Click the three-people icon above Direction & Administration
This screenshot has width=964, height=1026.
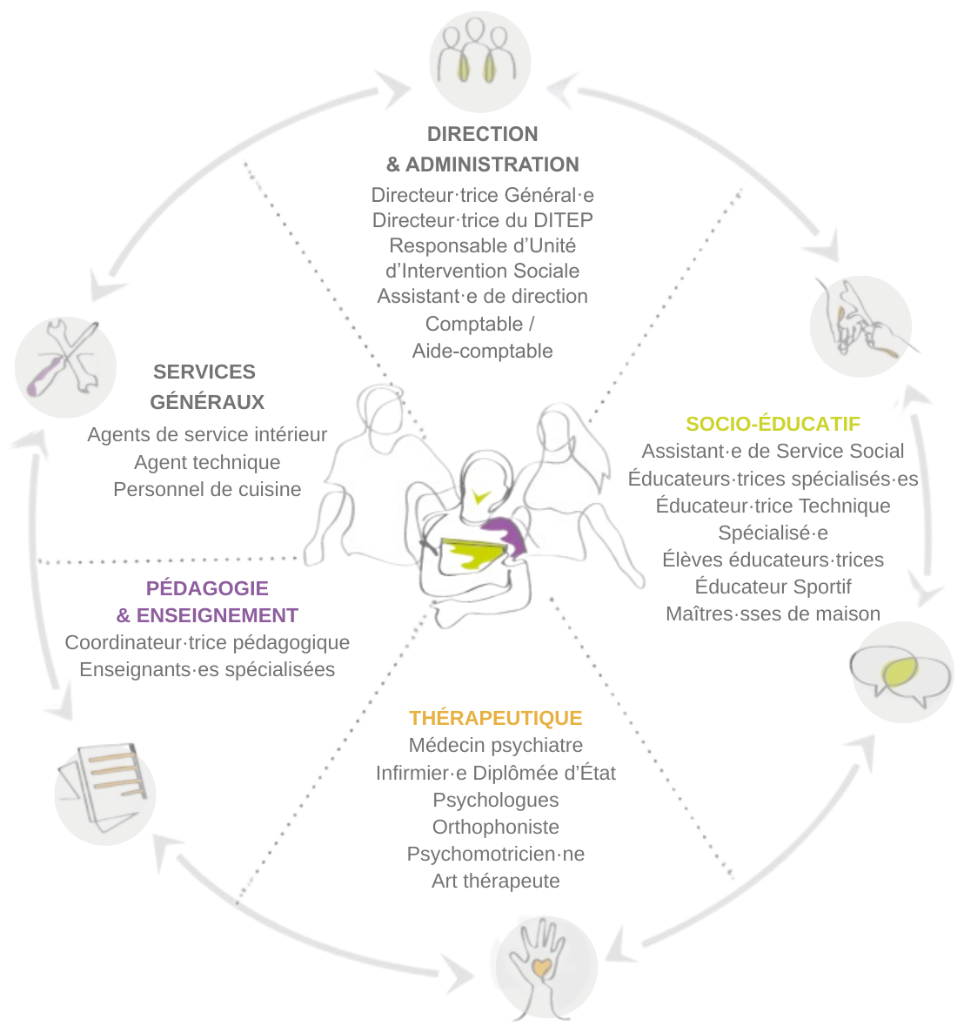pyautogui.click(x=480, y=59)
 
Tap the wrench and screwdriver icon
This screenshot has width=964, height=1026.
pyautogui.click(x=65, y=366)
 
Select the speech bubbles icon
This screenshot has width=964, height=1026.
pyautogui.click(x=901, y=672)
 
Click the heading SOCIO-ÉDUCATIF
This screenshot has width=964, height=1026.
pyautogui.click(x=773, y=424)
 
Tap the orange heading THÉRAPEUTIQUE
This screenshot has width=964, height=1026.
pyautogui.click(x=496, y=718)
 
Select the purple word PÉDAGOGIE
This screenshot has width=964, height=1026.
pyautogui.click(x=207, y=588)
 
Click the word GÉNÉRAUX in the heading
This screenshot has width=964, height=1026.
pyautogui.click(x=207, y=402)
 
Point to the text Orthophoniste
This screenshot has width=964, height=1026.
pyautogui.click(x=496, y=827)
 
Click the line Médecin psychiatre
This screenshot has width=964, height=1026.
pyautogui.click(x=496, y=745)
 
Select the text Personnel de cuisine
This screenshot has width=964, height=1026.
pyautogui.click(x=207, y=489)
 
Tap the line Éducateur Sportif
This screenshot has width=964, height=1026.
pyautogui.click(x=773, y=587)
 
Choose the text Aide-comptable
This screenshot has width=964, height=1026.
pyautogui.click(x=483, y=351)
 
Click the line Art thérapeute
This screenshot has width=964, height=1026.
pyautogui.click(x=496, y=881)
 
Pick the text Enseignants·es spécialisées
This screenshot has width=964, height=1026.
pyautogui.click(x=207, y=669)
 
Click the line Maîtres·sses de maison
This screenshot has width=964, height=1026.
pyautogui.click(x=773, y=614)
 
